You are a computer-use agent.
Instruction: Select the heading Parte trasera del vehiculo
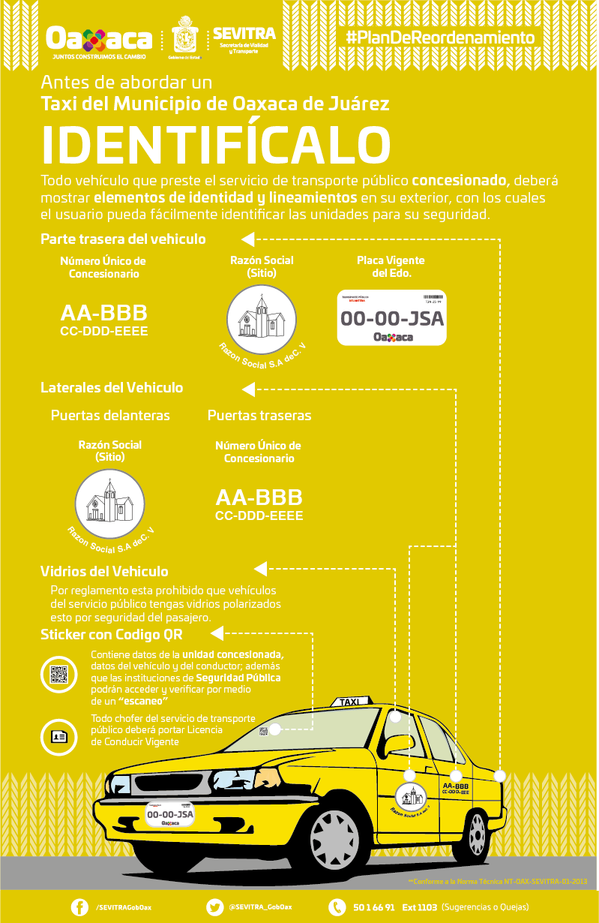click(123, 239)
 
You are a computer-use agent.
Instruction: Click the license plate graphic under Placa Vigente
click(391, 318)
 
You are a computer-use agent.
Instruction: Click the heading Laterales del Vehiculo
click(112, 388)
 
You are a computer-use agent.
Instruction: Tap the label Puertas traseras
click(259, 415)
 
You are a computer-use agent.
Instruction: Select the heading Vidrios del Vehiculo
click(104, 572)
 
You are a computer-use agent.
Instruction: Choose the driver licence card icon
click(59, 736)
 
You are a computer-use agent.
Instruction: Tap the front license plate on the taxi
click(170, 813)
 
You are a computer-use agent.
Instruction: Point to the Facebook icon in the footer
click(79, 907)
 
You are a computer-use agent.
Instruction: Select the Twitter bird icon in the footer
click(214, 907)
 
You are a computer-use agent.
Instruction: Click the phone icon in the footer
click(337, 907)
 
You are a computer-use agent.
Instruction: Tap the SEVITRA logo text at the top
click(244, 35)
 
